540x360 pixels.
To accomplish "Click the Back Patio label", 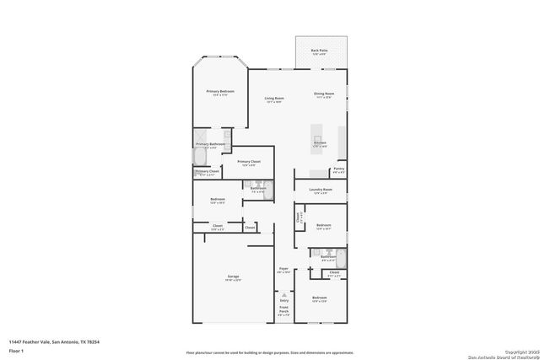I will click(x=319, y=51).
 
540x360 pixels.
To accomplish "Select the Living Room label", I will click(x=273, y=99).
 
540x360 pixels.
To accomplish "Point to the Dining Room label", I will click(x=325, y=94).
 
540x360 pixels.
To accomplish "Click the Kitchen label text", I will click(x=320, y=142).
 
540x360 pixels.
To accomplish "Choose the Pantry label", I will click(x=338, y=169).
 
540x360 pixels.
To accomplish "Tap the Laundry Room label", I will click(x=321, y=190).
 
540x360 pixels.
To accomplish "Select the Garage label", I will click(x=233, y=277).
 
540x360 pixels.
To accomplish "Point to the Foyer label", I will click(x=284, y=269).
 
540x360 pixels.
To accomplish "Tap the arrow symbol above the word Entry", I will click(x=284, y=293).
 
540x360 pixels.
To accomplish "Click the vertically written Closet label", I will click(x=298, y=218).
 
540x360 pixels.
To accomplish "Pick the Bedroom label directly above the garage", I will click(x=218, y=200).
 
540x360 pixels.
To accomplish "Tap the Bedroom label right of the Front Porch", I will click(x=319, y=298).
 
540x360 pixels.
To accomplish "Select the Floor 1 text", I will click(x=17, y=350).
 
